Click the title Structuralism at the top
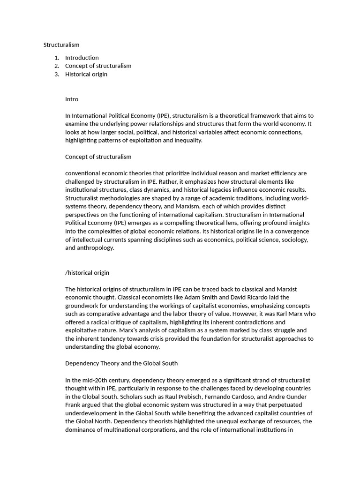tap(61, 45)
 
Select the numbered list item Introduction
tap(82, 58)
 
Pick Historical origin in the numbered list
tap(86, 74)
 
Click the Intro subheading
tap(72, 99)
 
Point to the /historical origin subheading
tap(87, 273)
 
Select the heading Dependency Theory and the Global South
tap(121, 363)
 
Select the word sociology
tap(292, 240)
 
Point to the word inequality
tap(187, 140)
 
